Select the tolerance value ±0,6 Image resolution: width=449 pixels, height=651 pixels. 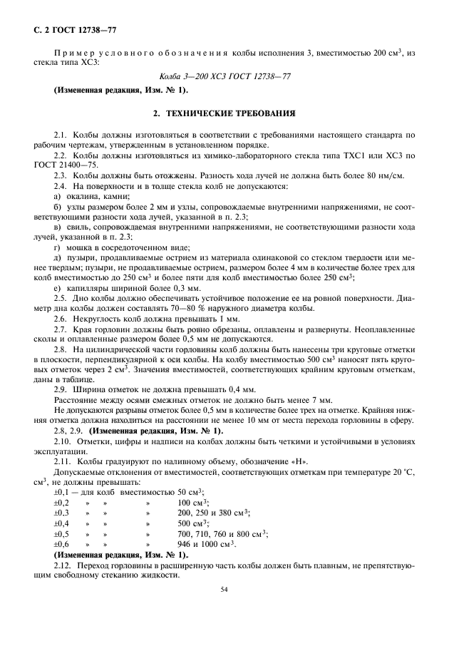coord(61,543)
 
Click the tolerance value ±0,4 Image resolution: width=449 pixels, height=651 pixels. coord(61,523)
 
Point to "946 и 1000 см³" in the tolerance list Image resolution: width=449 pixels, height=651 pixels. coord(210,543)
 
